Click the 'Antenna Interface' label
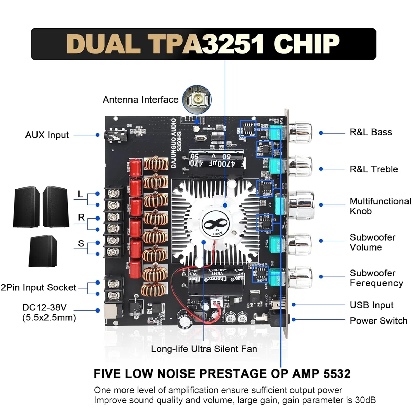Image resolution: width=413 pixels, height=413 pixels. click(x=140, y=100)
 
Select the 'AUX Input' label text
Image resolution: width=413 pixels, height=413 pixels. click(x=47, y=135)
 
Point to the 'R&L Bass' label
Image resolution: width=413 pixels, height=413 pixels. click(x=371, y=132)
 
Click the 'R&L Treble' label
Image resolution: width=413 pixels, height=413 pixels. click(x=373, y=169)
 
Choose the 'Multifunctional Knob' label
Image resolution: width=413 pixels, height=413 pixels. click(x=380, y=206)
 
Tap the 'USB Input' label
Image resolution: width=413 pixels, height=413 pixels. click(x=371, y=305)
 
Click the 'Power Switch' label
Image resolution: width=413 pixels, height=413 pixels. click(x=378, y=321)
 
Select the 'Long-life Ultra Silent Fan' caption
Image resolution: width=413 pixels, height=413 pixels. click(x=204, y=349)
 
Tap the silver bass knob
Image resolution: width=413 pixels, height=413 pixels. click(x=300, y=132)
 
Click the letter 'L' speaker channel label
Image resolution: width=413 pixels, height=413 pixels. click(x=80, y=194)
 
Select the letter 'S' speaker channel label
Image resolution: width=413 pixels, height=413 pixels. click(x=81, y=243)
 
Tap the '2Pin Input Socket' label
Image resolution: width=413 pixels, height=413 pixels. click(x=38, y=287)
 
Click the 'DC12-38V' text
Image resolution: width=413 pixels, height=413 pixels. click(x=44, y=307)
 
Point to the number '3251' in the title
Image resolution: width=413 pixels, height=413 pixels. click(x=233, y=44)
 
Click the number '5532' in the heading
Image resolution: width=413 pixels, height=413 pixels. click(x=337, y=373)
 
